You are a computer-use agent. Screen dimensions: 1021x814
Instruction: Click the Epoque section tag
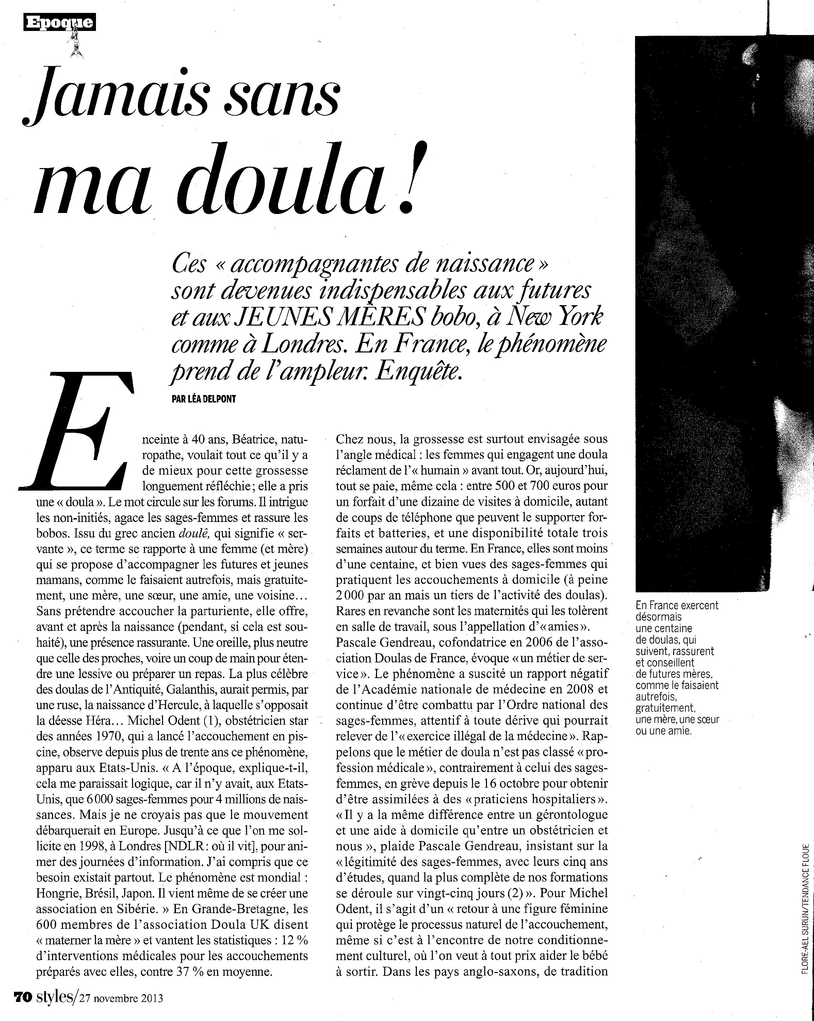(59, 22)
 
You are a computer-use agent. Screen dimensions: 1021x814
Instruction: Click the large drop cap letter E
(76, 431)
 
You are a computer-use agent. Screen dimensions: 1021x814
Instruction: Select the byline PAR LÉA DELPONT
(204, 399)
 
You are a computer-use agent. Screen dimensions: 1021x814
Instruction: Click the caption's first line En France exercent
(677, 605)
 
